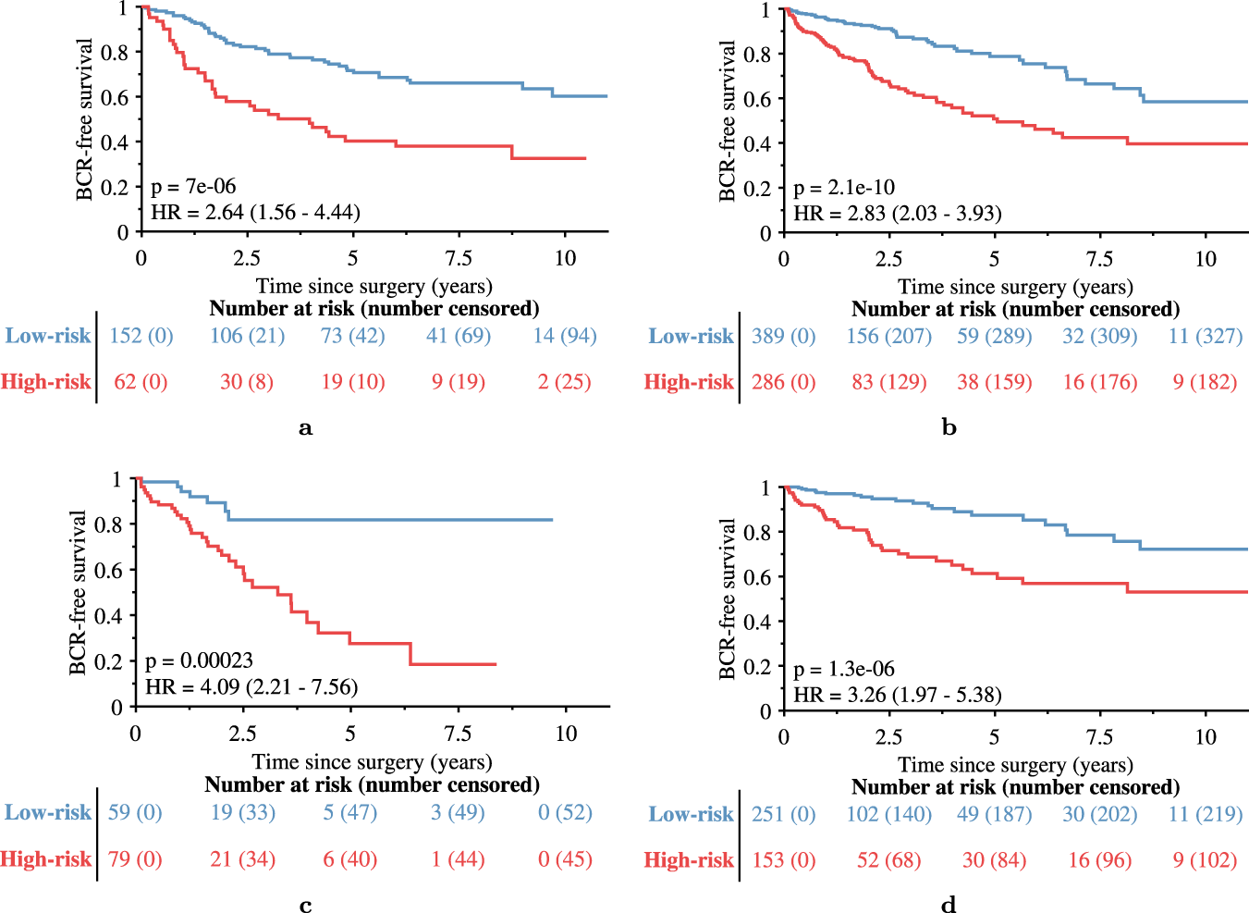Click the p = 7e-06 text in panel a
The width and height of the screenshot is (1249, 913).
(x=193, y=187)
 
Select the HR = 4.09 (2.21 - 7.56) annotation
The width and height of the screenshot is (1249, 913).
(x=251, y=686)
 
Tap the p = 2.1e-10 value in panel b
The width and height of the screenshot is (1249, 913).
(x=844, y=188)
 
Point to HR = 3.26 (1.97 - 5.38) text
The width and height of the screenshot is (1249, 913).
(x=897, y=695)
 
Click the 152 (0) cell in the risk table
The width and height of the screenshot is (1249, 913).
(x=141, y=336)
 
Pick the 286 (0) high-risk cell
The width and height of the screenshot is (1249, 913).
(x=783, y=382)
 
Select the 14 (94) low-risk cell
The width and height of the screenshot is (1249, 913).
(x=565, y=336)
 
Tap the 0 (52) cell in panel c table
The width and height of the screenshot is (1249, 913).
(x=565, y=812)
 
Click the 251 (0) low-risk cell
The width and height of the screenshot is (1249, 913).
(x=783, y=814)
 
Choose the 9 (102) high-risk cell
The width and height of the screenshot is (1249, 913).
(x=1205, y=860)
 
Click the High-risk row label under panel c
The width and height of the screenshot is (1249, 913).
(x=46, y=859)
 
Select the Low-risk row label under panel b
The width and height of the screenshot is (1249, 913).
(x=691, y=337)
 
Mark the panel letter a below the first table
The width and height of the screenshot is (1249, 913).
(x=306, y=428)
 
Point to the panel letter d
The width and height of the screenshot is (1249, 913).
(x=949, y=905)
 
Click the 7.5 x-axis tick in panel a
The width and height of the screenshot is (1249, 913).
(x=459, y=258)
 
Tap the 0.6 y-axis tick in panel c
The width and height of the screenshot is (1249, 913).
(x=109, y=571)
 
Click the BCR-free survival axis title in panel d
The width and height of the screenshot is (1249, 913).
(x=728, y=598)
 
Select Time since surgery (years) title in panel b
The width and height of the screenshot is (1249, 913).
(x=1015, y=287)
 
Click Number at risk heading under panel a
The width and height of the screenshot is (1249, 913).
(x=373, y=308)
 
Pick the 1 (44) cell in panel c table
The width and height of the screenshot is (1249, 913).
(x=458, y=859)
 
